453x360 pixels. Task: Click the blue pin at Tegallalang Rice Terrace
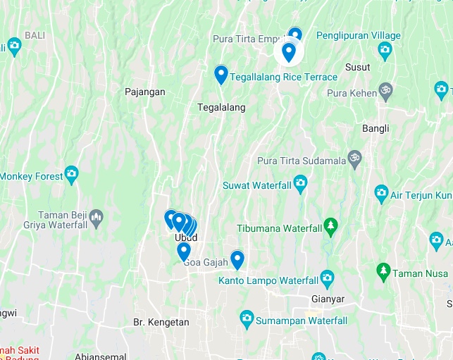coord(221,74)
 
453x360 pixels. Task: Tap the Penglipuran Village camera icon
coord(385,49)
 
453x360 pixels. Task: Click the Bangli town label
coord(376,128)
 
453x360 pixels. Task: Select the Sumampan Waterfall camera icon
coord(247,318)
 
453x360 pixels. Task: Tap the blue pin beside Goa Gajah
coord(237,259)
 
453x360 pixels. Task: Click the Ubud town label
coord(185,237)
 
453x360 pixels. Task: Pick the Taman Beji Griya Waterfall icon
coord(97,215)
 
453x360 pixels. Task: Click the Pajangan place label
coord(144,92)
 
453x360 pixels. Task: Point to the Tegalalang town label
coord(221,107)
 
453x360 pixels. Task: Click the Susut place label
coord(358,67)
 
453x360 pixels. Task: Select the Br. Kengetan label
coord(161,322)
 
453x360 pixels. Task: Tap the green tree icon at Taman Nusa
coord(383,271)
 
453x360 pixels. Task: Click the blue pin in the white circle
coord(288,51)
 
